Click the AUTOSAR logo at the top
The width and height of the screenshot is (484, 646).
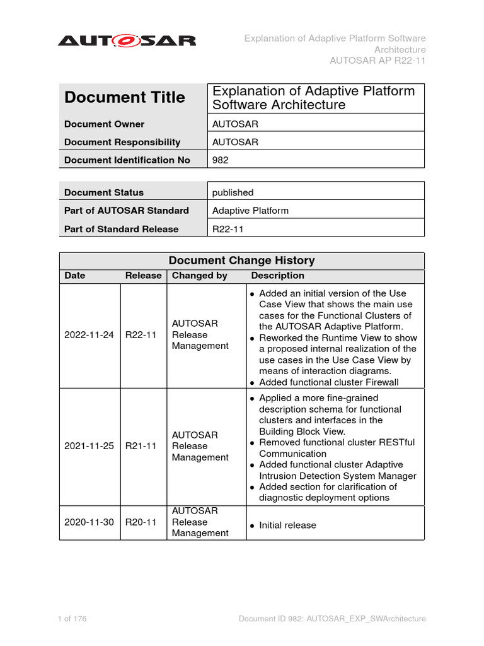(127, 41)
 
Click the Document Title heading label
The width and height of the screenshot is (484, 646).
(125, 97)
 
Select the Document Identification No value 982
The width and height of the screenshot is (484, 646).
(221, 160)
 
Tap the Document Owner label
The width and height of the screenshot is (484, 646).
(104, 124)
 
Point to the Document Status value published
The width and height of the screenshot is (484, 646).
(233, 192)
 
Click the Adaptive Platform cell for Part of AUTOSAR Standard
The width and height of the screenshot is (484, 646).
(250, 211)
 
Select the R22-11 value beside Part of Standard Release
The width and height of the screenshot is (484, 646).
(228, 229)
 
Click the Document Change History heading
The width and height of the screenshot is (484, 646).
(242, 261)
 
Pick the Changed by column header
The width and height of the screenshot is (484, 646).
(200, 276)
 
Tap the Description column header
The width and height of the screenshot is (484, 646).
(277, 276)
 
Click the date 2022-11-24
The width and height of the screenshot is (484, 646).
(89, 334)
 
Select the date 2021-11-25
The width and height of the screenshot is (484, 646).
(89, 446)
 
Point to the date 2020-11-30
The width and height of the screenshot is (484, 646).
(89, 522)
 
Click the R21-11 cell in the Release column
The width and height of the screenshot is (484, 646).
(141, 446)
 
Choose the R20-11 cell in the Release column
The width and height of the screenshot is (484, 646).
(141, 522)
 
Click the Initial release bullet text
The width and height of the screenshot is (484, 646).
(287, 526)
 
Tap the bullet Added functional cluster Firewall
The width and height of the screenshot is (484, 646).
(328, 382)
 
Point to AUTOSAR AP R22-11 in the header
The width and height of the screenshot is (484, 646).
(377, 61)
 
